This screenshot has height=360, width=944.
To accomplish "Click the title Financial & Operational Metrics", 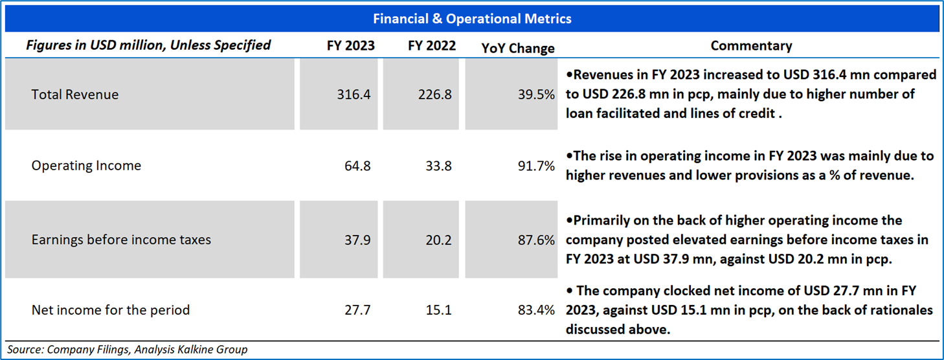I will coord(472,19).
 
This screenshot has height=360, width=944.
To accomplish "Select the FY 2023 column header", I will coord(350,46).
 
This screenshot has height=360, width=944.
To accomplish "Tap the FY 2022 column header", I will coord(432,46).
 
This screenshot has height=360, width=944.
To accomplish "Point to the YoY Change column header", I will coord(518,48).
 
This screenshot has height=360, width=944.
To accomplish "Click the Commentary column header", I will coord(751,46).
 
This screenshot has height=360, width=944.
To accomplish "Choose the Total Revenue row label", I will coord(75,95).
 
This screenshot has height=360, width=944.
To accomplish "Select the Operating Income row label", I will coord(86,166).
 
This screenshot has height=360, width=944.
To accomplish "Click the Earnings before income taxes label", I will coord(121,240).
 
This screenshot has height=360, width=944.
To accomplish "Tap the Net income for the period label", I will coord(111,310).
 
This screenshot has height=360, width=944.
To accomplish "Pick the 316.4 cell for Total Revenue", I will coord(354,95).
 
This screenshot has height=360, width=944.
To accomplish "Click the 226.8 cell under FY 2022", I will coord(435,95).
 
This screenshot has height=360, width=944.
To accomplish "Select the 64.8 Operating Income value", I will coord(357,166).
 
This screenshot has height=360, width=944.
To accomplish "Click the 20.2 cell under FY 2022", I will coord(439,240).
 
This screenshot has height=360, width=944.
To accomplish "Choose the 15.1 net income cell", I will coord(439,310).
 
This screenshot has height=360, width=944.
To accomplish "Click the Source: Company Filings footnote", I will coord(127,350).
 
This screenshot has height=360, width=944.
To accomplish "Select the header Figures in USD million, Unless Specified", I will coord(148,45).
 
